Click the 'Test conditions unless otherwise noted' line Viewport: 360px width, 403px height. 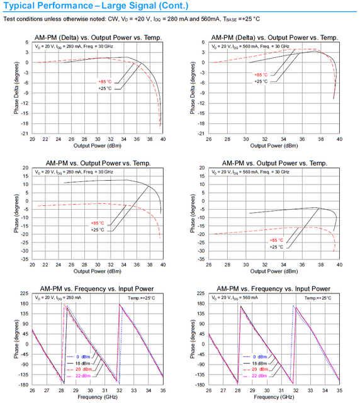click(138, 19)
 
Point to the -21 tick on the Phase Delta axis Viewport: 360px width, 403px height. click(25, 133)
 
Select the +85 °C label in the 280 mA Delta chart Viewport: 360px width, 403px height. click(104, 82)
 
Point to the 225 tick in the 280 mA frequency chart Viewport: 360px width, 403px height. click(24, 293)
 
